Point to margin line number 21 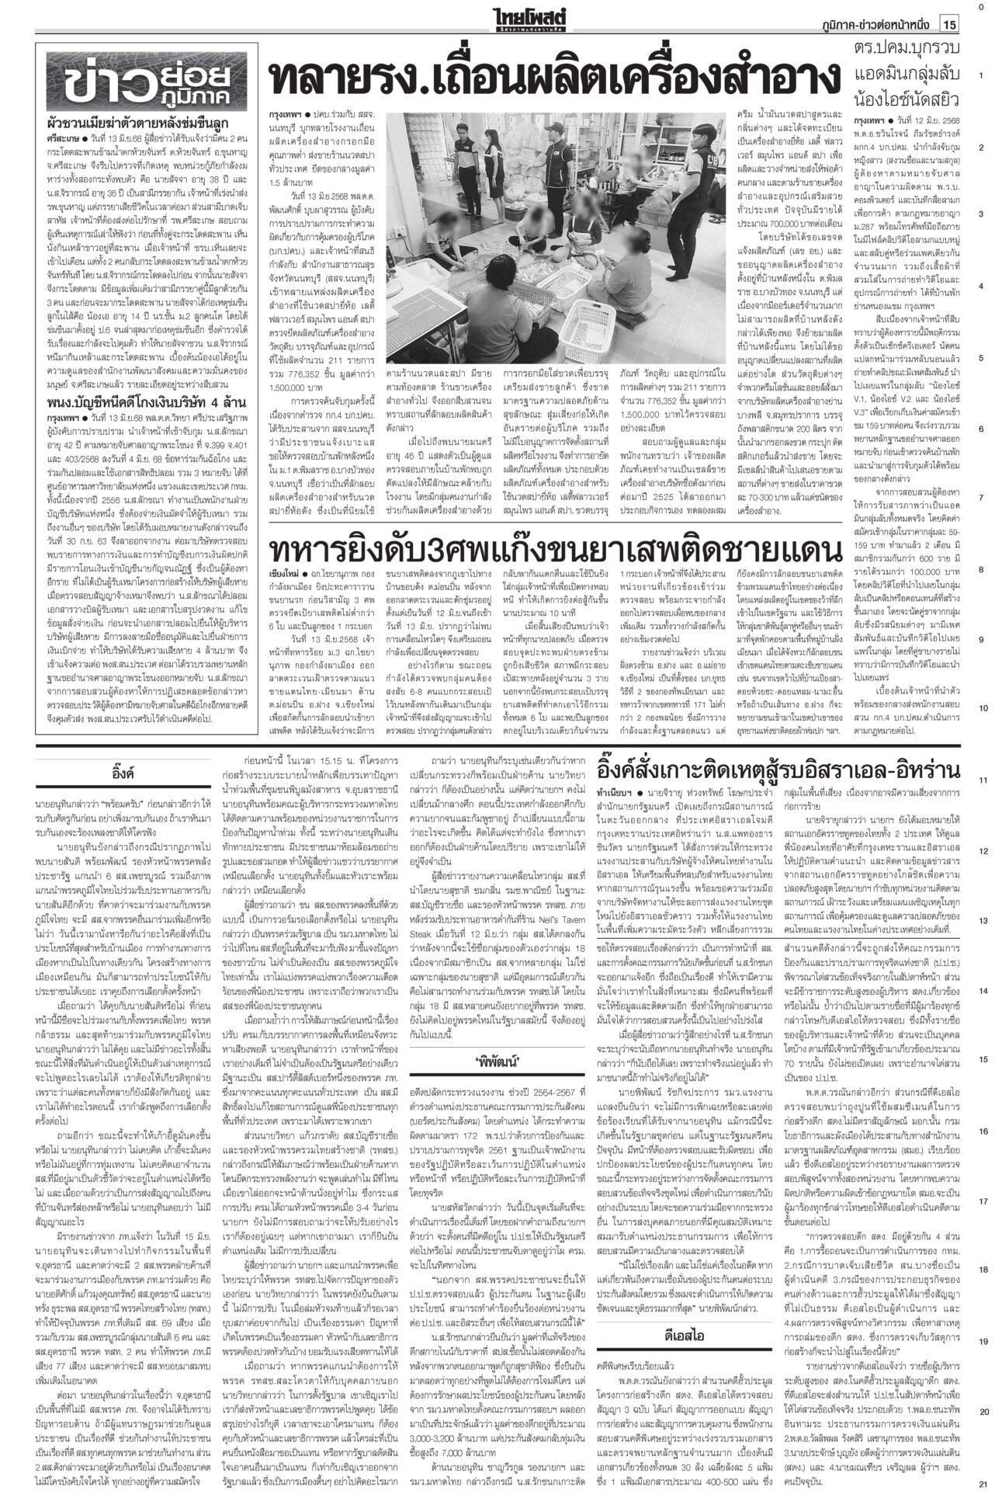pyautogui.click(x=982, y=1482)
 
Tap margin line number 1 pyautogui.click(x=982, y=75)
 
